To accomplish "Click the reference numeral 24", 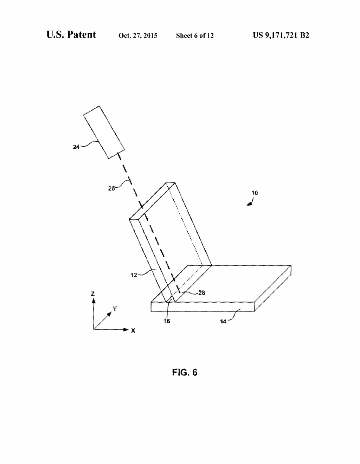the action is [76, 147].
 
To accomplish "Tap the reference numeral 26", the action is [111, 188].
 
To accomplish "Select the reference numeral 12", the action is [134, 275].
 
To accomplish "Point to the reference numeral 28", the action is [202, 292].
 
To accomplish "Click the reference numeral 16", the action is [167, 321].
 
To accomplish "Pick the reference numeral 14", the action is [223, 321].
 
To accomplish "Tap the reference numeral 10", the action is [255, 193].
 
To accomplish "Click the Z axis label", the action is [93, 294].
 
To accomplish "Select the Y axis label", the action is [115, 309].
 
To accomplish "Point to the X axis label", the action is [133, 330].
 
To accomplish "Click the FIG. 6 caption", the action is [185, 372].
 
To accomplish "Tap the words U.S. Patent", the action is [71, 34].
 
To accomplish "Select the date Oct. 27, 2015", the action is [138, 36].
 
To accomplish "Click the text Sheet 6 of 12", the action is [195, 36].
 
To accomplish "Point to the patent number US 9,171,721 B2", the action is [281, 35].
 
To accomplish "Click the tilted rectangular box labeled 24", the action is [104, 133].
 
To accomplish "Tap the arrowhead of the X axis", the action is [126, 329].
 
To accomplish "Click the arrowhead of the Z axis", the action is [94, 301].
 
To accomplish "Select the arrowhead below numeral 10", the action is [249, 204].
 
